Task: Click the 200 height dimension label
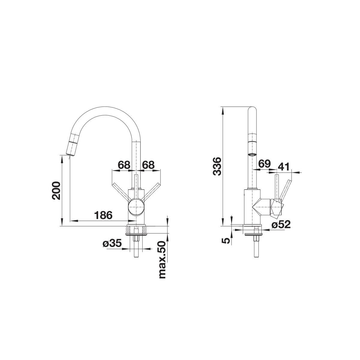point(56,190)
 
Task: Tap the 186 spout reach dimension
point(103,215)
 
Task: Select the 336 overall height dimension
point(217,166)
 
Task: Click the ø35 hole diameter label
point(112,243)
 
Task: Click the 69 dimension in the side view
point(264,164)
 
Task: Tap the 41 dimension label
point(283,166)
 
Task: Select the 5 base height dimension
point(226,241)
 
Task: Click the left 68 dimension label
point(124,165)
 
